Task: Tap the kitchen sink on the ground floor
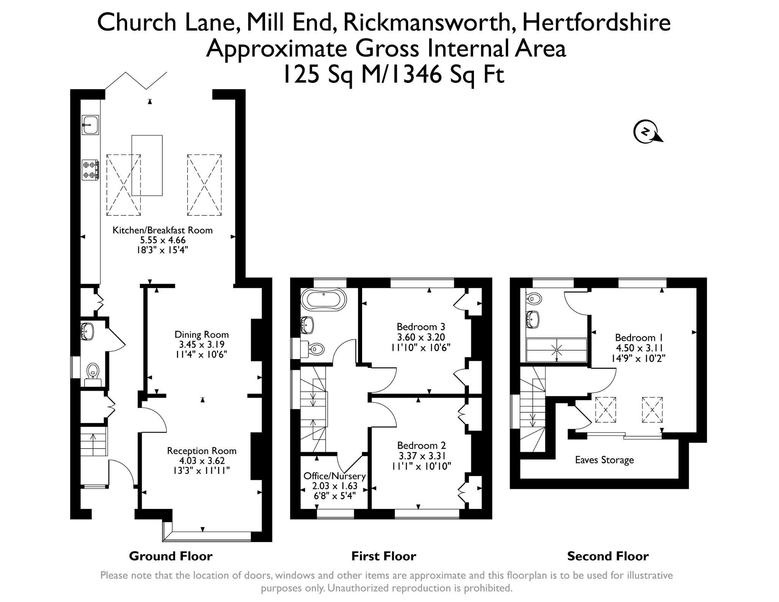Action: coord(91,125)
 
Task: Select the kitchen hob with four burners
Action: coord(91,170)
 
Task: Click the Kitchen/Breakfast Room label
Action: coord(162,230)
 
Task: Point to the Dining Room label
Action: coord(202,335)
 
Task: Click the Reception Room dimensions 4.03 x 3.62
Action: coord(202,461)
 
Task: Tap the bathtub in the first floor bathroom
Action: coord(323,300)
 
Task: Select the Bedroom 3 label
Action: coord(421,327)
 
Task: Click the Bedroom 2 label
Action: coord(421,445)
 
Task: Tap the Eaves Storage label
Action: coord(604,460)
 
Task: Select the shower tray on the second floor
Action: coord(556,350)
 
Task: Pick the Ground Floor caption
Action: coord(171,556)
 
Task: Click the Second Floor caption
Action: coord(608,556)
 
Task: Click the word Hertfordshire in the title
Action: coord(596,22)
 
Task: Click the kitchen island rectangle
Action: coord(147,165)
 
